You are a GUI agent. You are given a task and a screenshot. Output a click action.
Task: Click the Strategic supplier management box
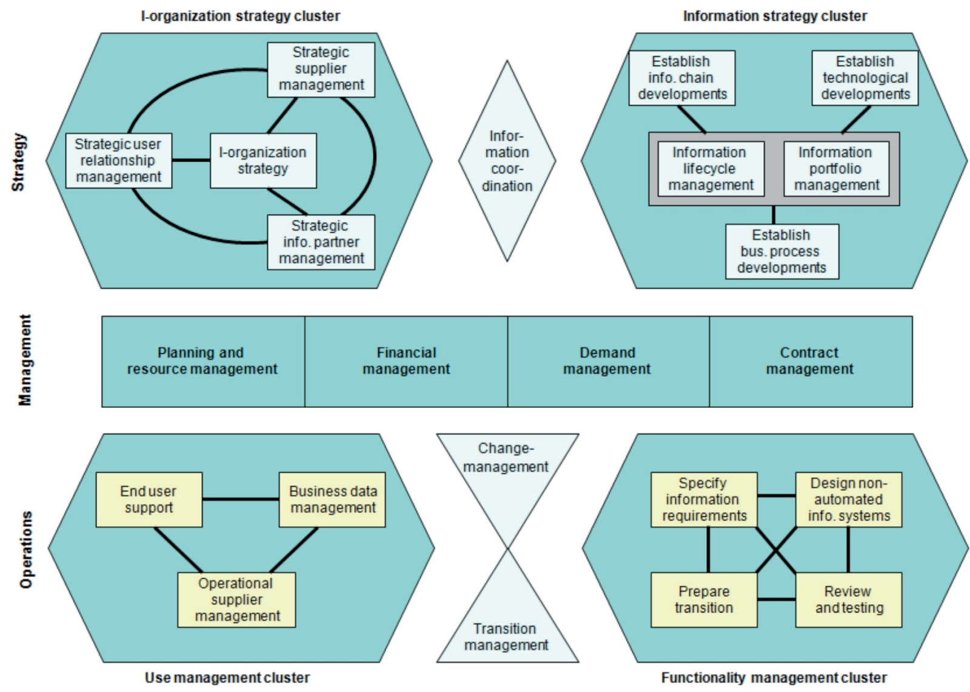pyautogui.click(x=321, y=69)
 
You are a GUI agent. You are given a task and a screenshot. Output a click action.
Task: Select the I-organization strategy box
pyautogui.click(x=263, y=161)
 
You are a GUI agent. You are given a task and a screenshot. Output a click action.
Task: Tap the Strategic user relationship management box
pyautogui.click(x=118, y=161)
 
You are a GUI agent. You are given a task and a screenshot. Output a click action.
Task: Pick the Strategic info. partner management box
pyautogui.click(x=321, y=242)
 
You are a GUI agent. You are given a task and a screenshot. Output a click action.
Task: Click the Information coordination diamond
pyautogui.click(x=507, y=161)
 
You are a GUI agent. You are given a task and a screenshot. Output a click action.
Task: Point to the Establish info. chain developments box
pyautogui.click(x=681, y=78)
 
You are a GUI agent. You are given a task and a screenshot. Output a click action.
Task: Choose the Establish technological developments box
pyautogui.click(x=865, y=78)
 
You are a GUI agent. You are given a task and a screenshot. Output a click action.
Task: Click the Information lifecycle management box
pyautogui.click(x=710, y=169)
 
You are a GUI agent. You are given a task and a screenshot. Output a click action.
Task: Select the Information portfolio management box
pyautogui.click(x=836, y=169)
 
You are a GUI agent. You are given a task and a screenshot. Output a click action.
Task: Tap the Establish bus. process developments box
pyautogui.click(x=781, y=251)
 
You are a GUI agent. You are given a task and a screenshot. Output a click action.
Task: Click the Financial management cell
pyautogui.click(x=406, y=361)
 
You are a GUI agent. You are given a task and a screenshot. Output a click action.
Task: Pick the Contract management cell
pyautogui.click(x=810, y=361)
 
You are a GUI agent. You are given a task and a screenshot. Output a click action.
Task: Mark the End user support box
pyautogui.click(x=149, y=499)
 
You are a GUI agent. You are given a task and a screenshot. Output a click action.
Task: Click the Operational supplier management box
pyautogui.click(x=236, y=600)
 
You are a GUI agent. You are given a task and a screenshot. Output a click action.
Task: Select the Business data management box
pyautogui.click(x=332, y=499)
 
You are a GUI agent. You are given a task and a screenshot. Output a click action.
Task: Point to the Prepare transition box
pyautogui.click(x=704, y=600)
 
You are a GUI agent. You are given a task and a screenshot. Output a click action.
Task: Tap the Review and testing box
pyautogui.click(x=848, y=600)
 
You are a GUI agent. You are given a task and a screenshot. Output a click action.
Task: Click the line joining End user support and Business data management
pyautogui.click(x=240, y=499)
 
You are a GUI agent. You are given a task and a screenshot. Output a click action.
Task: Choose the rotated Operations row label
pyautogui.click(x=25, y=549)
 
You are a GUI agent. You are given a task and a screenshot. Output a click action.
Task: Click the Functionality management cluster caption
pyautogui.click(x=774, y=678)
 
